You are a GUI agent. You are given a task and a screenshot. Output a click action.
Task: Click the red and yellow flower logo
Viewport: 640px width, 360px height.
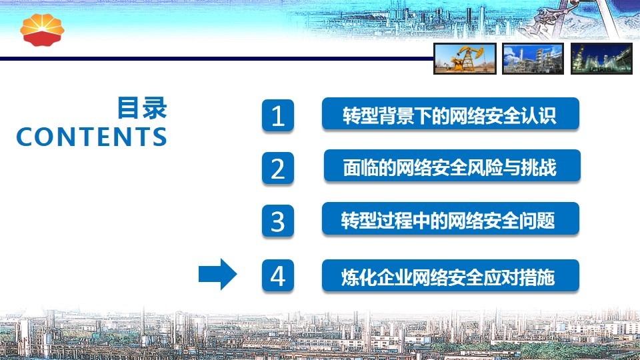[42, 30]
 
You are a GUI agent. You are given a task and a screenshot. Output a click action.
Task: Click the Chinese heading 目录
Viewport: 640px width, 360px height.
[142, 108]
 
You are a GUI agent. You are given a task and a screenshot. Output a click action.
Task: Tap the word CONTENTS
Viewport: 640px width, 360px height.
[91, 137]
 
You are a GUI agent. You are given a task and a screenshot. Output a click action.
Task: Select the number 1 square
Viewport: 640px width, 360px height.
[278, 115]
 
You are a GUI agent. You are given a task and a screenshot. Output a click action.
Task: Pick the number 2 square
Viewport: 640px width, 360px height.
[278, 168]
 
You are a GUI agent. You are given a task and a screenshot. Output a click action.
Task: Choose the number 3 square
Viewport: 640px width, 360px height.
[278, 221]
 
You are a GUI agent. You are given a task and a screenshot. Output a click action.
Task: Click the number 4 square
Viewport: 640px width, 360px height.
[278, 275]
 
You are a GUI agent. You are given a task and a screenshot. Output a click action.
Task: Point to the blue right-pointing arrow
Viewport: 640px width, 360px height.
[217, 274]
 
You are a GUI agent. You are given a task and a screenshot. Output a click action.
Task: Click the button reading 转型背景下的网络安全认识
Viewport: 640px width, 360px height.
[451, 114]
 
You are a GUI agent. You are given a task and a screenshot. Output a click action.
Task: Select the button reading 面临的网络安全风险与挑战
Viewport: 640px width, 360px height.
[452, 166]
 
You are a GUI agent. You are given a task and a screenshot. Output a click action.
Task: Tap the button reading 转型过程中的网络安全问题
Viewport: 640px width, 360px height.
[451, 219]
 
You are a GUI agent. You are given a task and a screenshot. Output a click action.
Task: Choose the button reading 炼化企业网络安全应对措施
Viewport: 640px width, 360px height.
[451, 275]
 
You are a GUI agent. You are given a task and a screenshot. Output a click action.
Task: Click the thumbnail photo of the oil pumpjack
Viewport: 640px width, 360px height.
[465, 59]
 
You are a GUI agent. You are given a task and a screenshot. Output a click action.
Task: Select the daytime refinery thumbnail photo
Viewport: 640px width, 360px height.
[533, 59]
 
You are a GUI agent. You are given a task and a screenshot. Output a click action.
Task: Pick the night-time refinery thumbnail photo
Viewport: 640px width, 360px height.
[601, 59]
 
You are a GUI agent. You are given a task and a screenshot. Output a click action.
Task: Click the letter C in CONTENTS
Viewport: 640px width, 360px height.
[26, 137]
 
